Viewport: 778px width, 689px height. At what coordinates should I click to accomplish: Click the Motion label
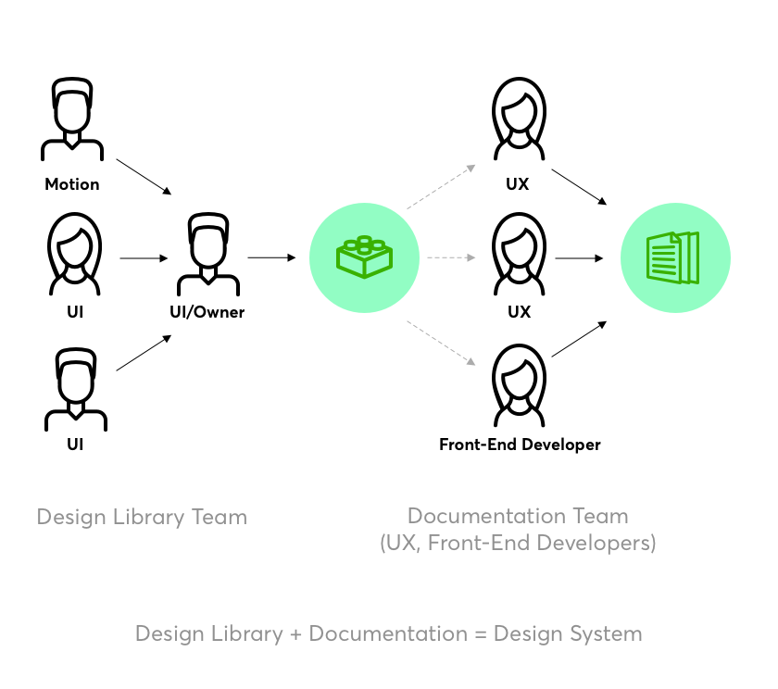pyautogui.click(x=72, y=184)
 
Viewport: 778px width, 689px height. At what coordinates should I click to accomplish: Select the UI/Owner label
pyautogui.click(x=207, y=312)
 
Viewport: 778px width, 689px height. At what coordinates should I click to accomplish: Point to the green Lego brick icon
pyautogui.click(x=364, y=257)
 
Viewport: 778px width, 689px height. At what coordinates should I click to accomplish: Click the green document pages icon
pyautogui.click(x=674, y=257)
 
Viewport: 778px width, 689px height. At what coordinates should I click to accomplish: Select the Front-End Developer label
pyautogui.click(x=520, y=445)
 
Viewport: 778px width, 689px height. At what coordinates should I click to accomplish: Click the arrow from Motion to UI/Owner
pyautogui.click(x=144, y=177)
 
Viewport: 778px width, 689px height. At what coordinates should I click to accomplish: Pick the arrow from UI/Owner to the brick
pyautogui.click(x=271, y=257)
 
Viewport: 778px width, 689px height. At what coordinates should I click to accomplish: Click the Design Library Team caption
pyautogui.click(x=142, y=517)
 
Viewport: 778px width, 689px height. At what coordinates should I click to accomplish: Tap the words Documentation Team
pyautogui.click(x=518, y=516)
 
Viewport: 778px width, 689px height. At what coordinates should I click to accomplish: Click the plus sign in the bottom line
pyautogui.click(x=295, y=635)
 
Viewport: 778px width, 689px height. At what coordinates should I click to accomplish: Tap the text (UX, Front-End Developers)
pyautogui.click(x=518, y=543)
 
